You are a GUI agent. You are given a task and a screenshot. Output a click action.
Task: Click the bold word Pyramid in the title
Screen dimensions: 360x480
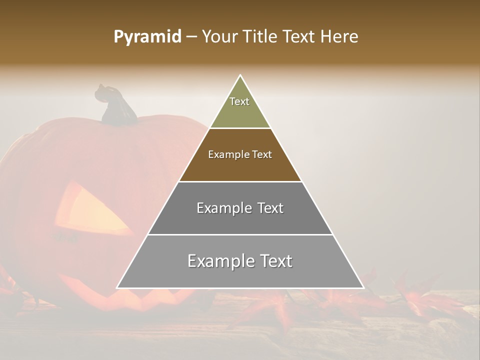pyautogui.click(x=147, y=37)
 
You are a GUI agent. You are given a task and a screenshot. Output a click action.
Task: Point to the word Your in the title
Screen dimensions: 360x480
pyautogui.click(x=220, y=37)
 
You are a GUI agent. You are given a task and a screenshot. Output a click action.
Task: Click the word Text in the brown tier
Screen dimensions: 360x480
pyautogui.click(x=262, y=155)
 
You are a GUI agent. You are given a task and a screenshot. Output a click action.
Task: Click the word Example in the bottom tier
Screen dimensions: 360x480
pyautogui.click(x=219, y=261)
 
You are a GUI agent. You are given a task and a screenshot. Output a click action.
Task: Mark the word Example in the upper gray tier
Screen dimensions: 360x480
pyautogui.click(x=223, y=208)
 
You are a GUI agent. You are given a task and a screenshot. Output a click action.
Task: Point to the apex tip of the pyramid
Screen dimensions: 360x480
pyautogui.click(x=240, y=76)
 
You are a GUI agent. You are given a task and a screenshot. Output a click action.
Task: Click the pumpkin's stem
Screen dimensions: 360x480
pyautogui.click(x=116, y=106)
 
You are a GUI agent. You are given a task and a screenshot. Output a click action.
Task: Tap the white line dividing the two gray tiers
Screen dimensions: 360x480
pyautogui.click(x=240, y=234)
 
